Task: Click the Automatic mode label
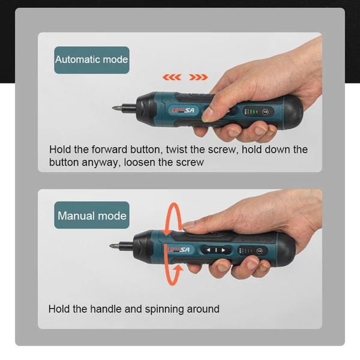[x=92, y=59]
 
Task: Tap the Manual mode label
[x=92, y=215]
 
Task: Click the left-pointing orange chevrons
[x=172, y=77]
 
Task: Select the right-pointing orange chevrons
[x=199, y=77]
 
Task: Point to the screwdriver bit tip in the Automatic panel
[x=113, y=108]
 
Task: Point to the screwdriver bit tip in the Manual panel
[x=110, y=246]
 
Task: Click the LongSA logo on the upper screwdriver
[x=183, y=110]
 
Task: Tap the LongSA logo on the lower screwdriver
[x=179, y=250]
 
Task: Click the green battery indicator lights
[x=253, y=112]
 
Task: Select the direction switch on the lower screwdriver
[x=216, y=250]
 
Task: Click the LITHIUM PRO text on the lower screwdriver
[x=257, y=239]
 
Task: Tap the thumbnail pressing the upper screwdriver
[x=208, y=115]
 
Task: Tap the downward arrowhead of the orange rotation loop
[x=167, y=230]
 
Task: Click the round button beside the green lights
[x=265, y=112]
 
